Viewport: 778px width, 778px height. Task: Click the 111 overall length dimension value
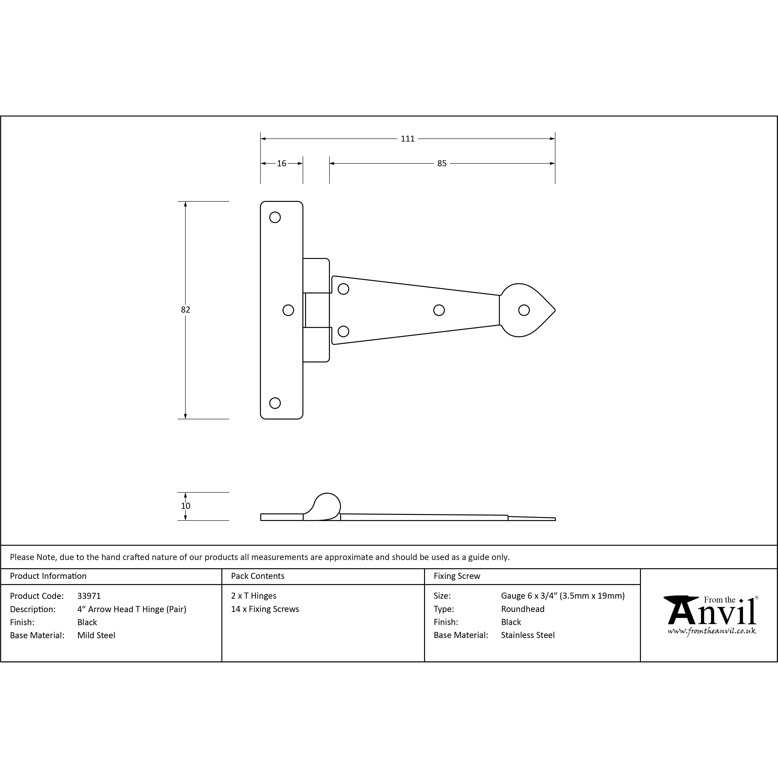pos(407,139)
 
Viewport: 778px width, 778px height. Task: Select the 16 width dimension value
pos(282,164)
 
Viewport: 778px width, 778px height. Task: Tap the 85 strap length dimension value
pos(442,164)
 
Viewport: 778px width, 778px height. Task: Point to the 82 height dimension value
pos(185,310)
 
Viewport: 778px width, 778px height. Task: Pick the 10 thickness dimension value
pos(186,506)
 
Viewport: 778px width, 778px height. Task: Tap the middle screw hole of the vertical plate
pos(288,310)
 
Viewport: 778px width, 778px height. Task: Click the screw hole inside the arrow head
pos(524,310)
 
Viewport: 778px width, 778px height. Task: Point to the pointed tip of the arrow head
pos(555,310)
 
